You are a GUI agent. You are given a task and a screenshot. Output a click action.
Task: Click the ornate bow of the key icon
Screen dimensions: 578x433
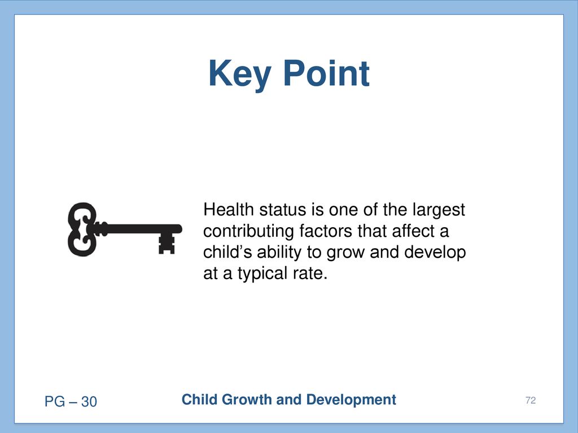pyautogui.click(x=82, y=229)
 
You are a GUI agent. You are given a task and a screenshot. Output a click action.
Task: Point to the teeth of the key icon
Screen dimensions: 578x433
pyautogui.click(x=167, y=244)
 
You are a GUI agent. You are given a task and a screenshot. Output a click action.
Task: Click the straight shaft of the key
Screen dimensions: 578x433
pyautogui.click(x=140, y=229)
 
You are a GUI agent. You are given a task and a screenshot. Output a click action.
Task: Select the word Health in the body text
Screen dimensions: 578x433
pyautogui.click(x=229, y=210)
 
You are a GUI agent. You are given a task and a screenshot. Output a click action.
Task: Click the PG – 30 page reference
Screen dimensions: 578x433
pyautogui.click(x=71, y=401)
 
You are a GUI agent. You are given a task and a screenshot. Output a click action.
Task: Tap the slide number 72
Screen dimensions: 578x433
pyautogui.click(x=531, y=400)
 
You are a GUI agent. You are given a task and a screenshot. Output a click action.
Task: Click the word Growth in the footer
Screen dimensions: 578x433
pyautogui.click(x=247, y=400)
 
